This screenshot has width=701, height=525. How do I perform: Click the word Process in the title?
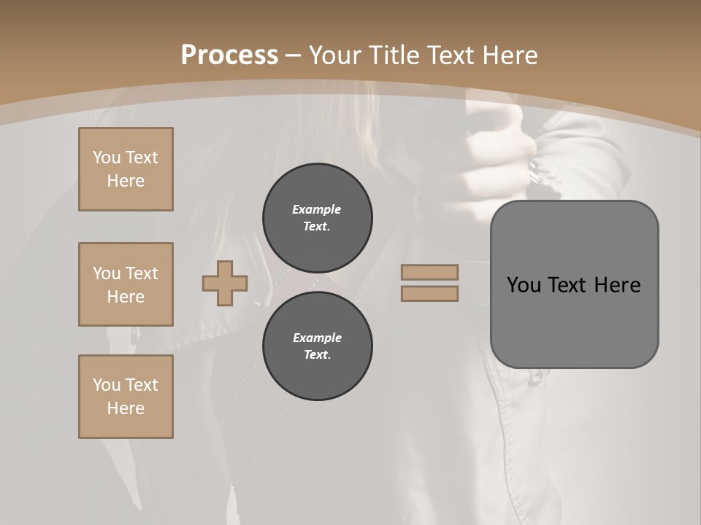(229, 55)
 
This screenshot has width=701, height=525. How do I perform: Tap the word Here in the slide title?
(509, 55)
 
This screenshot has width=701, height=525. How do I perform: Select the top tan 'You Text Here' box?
(126, 169)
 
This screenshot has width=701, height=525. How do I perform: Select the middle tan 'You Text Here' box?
(126, 284)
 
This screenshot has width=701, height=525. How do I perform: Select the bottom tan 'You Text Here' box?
(126, 397)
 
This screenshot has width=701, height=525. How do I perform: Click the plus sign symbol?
(225, 283)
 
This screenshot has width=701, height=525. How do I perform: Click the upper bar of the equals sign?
(429, 272)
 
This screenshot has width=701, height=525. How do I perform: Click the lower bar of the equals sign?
(429, 293)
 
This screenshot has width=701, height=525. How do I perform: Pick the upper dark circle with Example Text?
(318, 217)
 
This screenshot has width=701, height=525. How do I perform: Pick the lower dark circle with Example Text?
(318, 346)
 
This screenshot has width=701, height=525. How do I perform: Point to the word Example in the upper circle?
(317, 209)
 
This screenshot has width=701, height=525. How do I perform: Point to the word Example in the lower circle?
(317, 338)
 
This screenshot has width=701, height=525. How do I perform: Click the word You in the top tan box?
(106, 157)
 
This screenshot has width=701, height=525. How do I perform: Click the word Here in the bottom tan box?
(126, 408)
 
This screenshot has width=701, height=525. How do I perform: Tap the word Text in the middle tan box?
(142, 273)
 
